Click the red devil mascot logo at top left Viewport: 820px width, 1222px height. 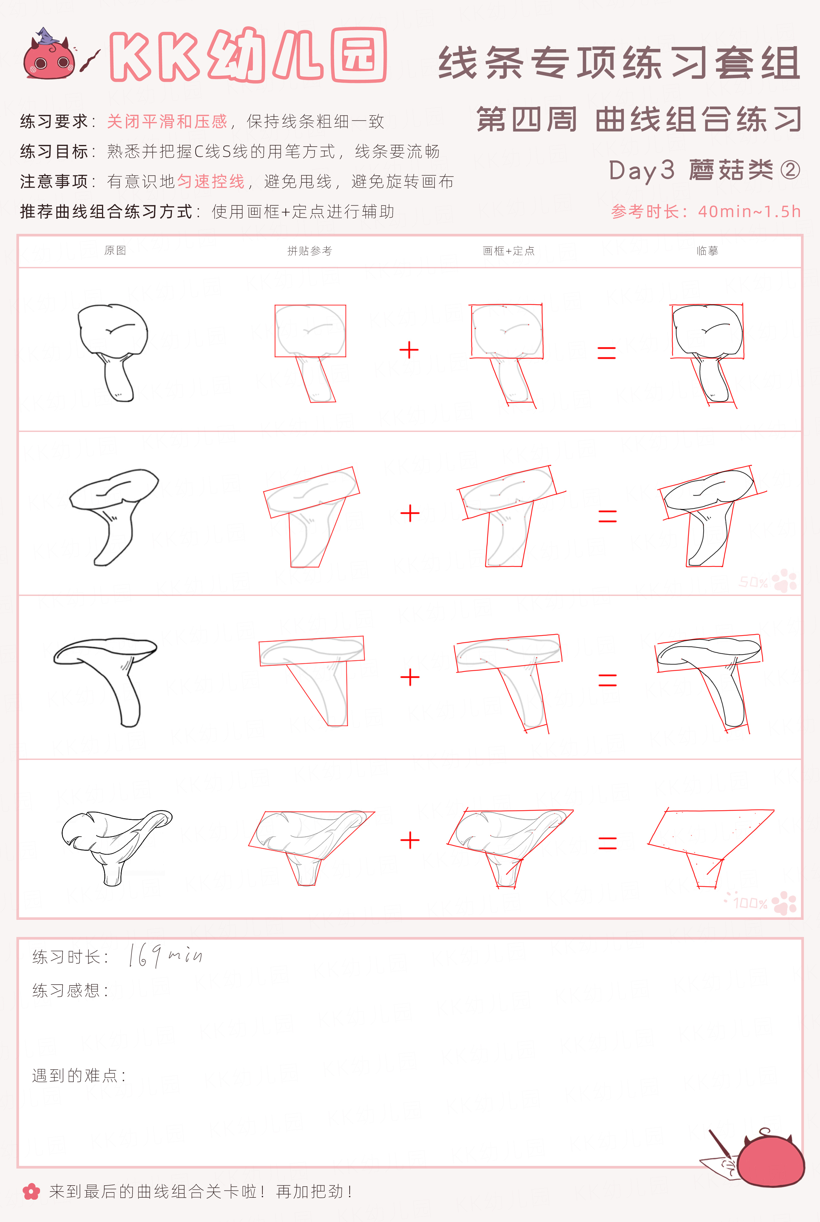pos(47,54)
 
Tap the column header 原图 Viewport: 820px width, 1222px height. pos(115,251)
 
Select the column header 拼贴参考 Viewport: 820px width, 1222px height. pos(310,251)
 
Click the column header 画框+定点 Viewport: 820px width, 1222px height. pos(508,251)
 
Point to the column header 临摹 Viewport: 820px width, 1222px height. pos(707,251)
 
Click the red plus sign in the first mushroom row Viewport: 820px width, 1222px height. pos(409,350)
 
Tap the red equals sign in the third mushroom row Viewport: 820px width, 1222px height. pos(607,680)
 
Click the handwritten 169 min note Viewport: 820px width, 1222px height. pos(165,955)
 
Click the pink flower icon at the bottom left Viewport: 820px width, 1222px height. pos(31,1192)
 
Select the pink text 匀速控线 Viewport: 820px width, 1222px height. pos(211,181)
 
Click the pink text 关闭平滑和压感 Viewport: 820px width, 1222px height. pos(167,121)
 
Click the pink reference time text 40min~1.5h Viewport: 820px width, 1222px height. pos(749,212)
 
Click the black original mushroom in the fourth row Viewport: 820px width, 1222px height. pos(116,847)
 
